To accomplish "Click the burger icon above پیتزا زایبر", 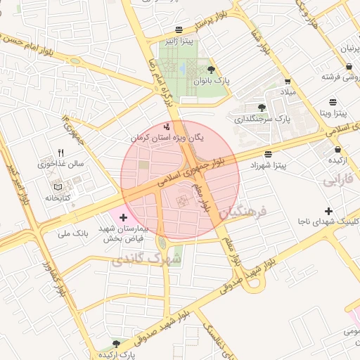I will [179, 30].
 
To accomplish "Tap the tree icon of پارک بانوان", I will [211, 69].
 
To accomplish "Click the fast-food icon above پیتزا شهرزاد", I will [267, 154].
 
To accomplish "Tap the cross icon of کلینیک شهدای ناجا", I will [328, 212].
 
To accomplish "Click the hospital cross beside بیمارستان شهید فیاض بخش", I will [124, 217].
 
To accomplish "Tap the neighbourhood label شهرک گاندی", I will [146, 260].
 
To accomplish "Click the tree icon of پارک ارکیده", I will [116, 343].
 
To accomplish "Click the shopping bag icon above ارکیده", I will [338, 149].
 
